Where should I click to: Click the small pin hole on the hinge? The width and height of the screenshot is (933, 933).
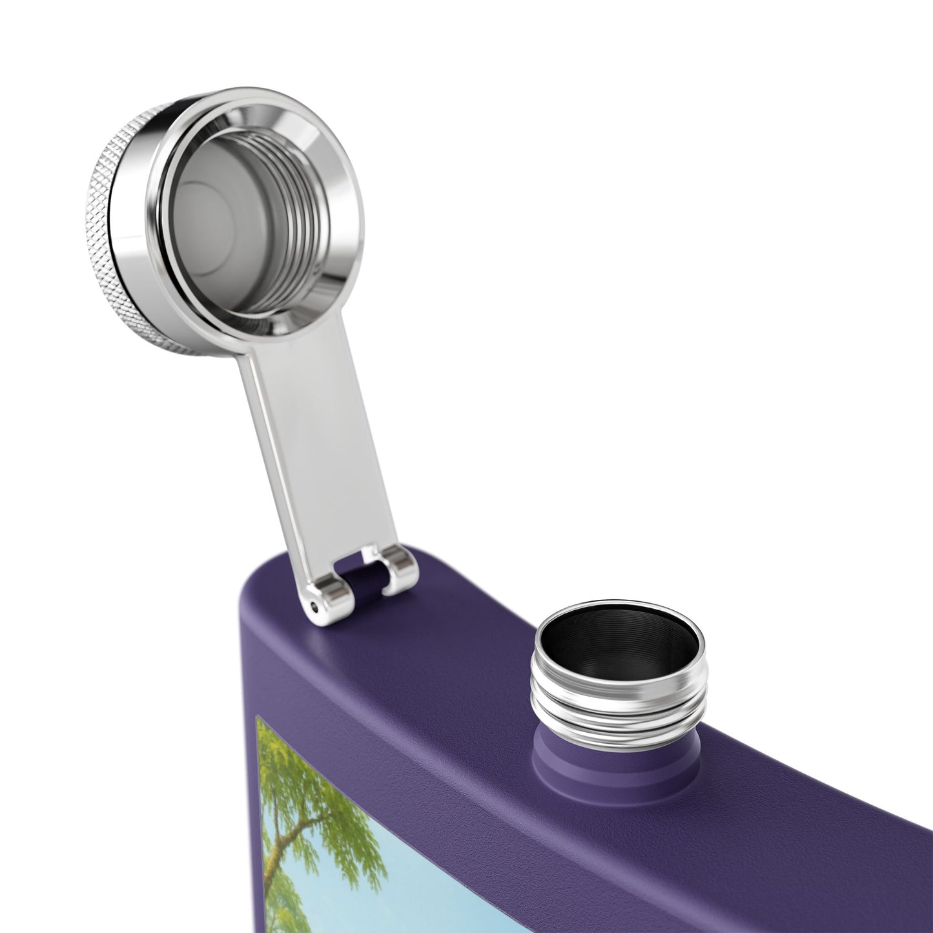[314, 607]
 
